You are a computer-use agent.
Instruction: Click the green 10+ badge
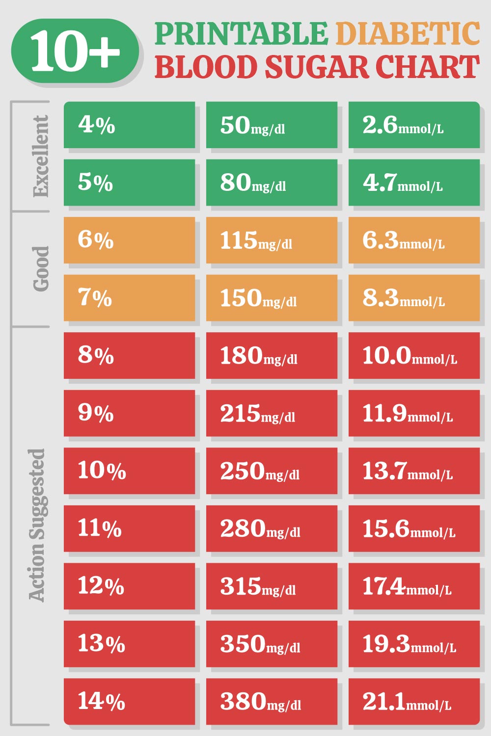tap(75, 51)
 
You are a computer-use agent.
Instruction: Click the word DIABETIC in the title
tap(408, 34)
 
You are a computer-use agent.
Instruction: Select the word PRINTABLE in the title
tap(241, 34)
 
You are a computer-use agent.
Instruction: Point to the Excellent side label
tap(40, 156)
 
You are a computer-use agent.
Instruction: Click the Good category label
tap(40, 268)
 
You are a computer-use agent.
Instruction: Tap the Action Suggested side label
tap(37, 525)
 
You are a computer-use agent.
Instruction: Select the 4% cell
tap(129, 125)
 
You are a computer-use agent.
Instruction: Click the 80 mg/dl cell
tap(272, 183)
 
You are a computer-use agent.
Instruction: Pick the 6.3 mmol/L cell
tap(414, 240)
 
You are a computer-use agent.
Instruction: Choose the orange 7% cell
tap(129, 298)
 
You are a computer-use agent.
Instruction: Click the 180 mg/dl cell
tap(272, 355)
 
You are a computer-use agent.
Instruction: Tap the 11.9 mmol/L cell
tap(414, 413)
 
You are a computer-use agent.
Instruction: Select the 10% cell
tap(129, 471)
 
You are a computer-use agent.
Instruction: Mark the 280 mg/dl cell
tap(272, 528)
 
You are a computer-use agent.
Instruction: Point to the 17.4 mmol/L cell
tap(414, 586)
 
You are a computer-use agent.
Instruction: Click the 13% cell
tap(129, 644)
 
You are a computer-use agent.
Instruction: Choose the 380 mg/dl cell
tap(272, 701)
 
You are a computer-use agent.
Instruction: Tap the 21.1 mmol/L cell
tap(414, 701)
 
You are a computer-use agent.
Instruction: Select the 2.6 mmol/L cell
tap(414, 125)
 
